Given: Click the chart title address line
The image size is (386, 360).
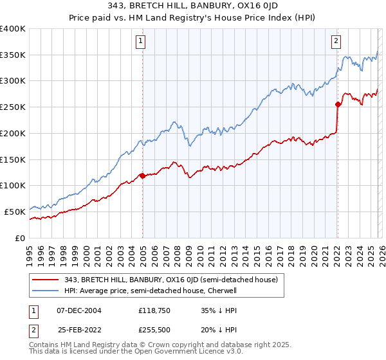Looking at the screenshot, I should point(193,7).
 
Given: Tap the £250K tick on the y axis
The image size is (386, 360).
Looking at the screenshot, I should point(13,107).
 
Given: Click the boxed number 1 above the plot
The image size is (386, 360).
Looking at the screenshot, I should point(141,42).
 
